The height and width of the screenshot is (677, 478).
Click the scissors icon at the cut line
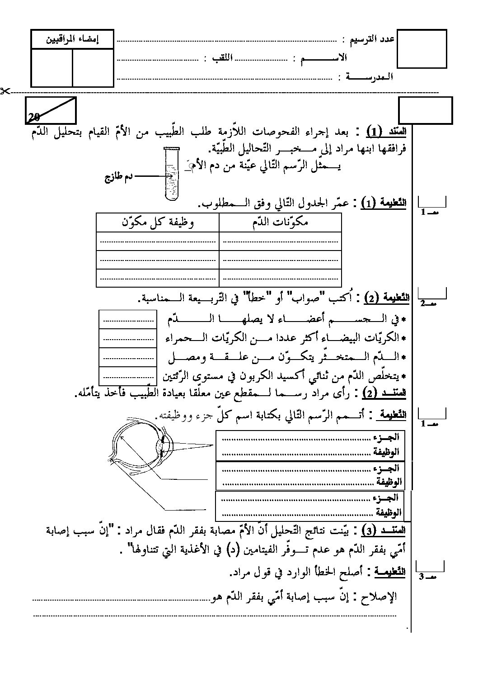point(5,91)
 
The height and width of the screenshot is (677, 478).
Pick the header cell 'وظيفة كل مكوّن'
point(158,223)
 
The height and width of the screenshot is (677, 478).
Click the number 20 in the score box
point(34,118)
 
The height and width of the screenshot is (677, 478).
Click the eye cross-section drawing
point(140,445)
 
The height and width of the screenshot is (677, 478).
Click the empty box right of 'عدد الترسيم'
point(422,49)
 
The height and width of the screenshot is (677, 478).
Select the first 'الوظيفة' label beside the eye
point(387,452)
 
